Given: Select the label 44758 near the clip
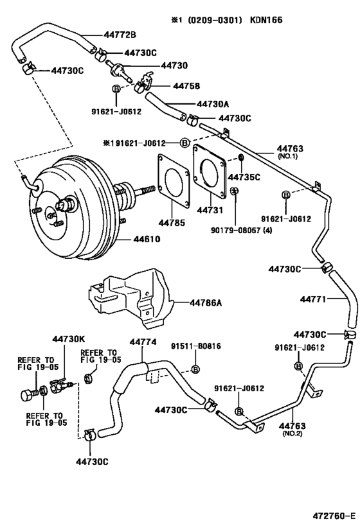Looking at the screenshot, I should [x=168, y=85].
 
